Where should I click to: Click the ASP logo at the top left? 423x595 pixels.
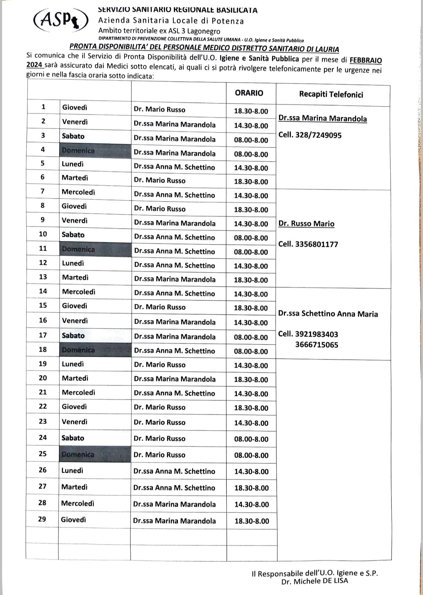tap(61, 20)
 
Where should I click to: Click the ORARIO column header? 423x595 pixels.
tap(249, 93)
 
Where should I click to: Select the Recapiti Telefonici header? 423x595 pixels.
tap(331, 94)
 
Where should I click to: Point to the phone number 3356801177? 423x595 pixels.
tap(317, 244)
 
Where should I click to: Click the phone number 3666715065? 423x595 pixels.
tap(317, 345)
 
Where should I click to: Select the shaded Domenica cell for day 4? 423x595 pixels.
tap(78, 151)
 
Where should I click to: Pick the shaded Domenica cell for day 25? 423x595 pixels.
tap(78, 454)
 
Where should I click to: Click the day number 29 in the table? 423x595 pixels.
tap(42, 519)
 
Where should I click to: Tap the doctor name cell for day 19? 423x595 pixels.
tap(160, 365)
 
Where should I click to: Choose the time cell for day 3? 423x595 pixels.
tap(251, 140)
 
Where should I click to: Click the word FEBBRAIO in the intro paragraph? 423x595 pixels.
tap(365, 60)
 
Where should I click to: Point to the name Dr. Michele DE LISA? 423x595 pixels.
tap(315, 581)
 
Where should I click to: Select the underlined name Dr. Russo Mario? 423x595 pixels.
tap(307, 224)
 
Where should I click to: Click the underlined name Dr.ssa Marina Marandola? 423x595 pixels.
tap(322, 119)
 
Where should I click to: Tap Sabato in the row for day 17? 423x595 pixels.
tap(73, 335)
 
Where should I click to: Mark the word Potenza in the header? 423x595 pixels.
tap(227, 21)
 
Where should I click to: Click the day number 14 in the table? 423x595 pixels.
tap(43, 291)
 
